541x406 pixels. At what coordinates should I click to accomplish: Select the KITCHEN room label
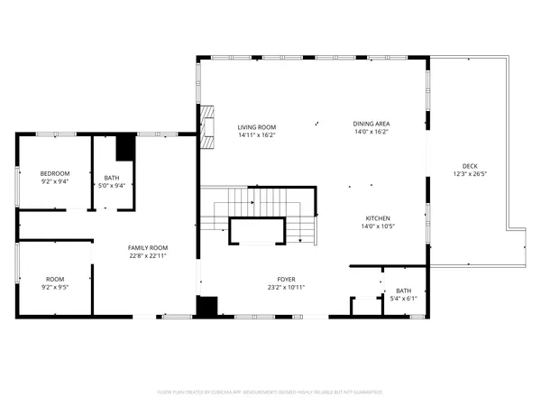[377, 218]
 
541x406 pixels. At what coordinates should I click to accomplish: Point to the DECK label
[470, 166]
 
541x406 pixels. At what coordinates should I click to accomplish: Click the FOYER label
[286, 280]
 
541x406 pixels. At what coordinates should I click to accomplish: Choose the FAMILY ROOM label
[147, 248]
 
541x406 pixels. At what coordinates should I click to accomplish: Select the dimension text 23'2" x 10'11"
[286, 288]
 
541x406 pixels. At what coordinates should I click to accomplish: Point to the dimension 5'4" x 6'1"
[403, 299]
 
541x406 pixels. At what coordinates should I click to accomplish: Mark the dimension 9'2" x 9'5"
[55, 288]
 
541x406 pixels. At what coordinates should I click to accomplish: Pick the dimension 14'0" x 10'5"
[377, 226]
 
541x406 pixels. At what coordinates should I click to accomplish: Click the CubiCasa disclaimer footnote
[270, 392]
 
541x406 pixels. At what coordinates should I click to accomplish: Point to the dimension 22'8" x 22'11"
[147, 256]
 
